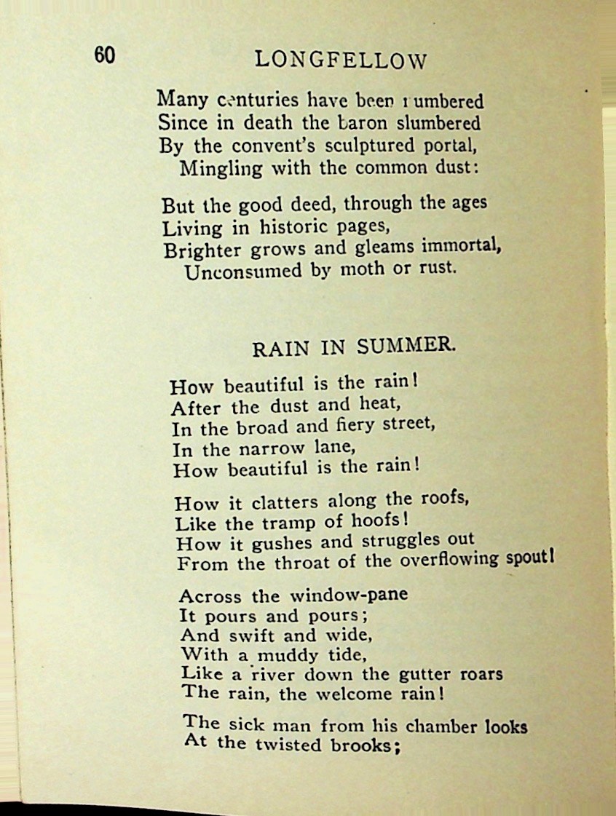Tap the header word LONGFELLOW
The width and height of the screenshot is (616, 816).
click(x=341, y=61)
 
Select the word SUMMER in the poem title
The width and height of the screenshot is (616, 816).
click(x=407, y=347)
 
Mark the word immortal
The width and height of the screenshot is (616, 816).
click(x=465, y=246)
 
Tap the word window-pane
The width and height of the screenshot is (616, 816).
click(x=350, y=595)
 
